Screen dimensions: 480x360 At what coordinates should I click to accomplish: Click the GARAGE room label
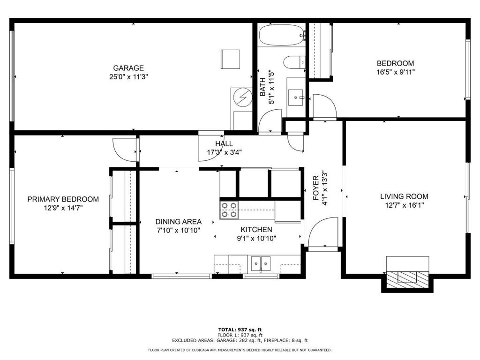point(128,68)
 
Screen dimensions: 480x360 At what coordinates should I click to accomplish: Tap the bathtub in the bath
point(282,35)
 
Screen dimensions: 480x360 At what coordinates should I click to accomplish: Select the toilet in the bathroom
point(294,62)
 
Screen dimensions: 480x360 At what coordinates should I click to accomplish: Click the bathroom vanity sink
point(296,97)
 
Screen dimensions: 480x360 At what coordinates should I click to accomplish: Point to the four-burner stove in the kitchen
point(229,210)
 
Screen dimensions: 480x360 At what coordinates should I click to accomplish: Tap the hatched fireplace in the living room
point(407,278)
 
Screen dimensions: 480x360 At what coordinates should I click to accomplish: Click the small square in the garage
point(230,60)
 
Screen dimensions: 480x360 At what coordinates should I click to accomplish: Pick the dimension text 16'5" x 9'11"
point(396,72)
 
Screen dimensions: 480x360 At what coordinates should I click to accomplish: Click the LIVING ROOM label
point(404,196)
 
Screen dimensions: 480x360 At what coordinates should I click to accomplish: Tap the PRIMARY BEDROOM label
point(63,199)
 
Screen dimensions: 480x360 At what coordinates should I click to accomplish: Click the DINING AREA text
point(179,222)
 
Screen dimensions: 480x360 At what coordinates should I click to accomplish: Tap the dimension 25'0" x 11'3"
point(128,77)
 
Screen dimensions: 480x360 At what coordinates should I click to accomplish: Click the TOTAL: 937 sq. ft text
point(240,330)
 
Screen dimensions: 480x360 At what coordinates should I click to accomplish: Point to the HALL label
point(224,143)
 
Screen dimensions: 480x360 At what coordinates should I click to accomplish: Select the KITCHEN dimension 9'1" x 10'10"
point(256,239)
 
